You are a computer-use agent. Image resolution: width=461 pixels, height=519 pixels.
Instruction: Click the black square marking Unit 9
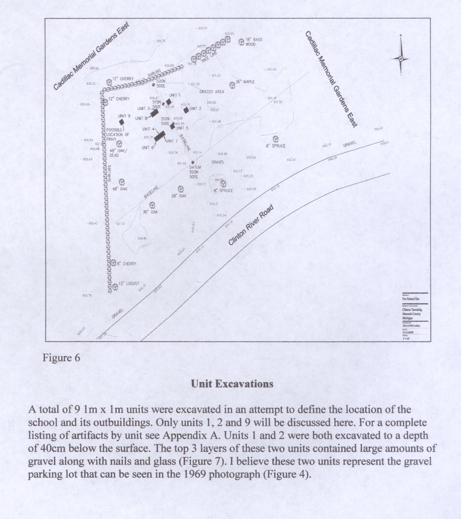pos(122,122)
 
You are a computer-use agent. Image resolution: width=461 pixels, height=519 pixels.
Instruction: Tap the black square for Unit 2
pos(186,110)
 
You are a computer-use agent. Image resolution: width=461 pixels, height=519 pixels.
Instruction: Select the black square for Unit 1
pos(169,102)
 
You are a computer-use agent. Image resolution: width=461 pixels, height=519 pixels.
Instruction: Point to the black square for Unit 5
pos(172,127)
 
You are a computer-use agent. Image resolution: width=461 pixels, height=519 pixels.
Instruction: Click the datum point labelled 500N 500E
pos(193,162)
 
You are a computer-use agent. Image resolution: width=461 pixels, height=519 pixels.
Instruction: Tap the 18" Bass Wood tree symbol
pos(241,42)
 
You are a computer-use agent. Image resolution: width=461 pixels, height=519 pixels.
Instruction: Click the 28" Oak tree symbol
pos(181,189)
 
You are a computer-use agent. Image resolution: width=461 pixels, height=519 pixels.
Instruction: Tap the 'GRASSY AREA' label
pos(212,92)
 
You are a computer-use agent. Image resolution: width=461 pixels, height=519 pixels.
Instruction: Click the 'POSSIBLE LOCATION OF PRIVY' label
pos(118,134)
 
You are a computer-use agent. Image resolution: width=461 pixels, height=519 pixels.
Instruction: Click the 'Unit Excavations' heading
pos(232,384)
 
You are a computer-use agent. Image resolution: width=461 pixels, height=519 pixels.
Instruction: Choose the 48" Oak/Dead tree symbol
pos(119,144)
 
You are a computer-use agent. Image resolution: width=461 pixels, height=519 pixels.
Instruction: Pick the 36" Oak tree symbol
pos(153,205)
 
